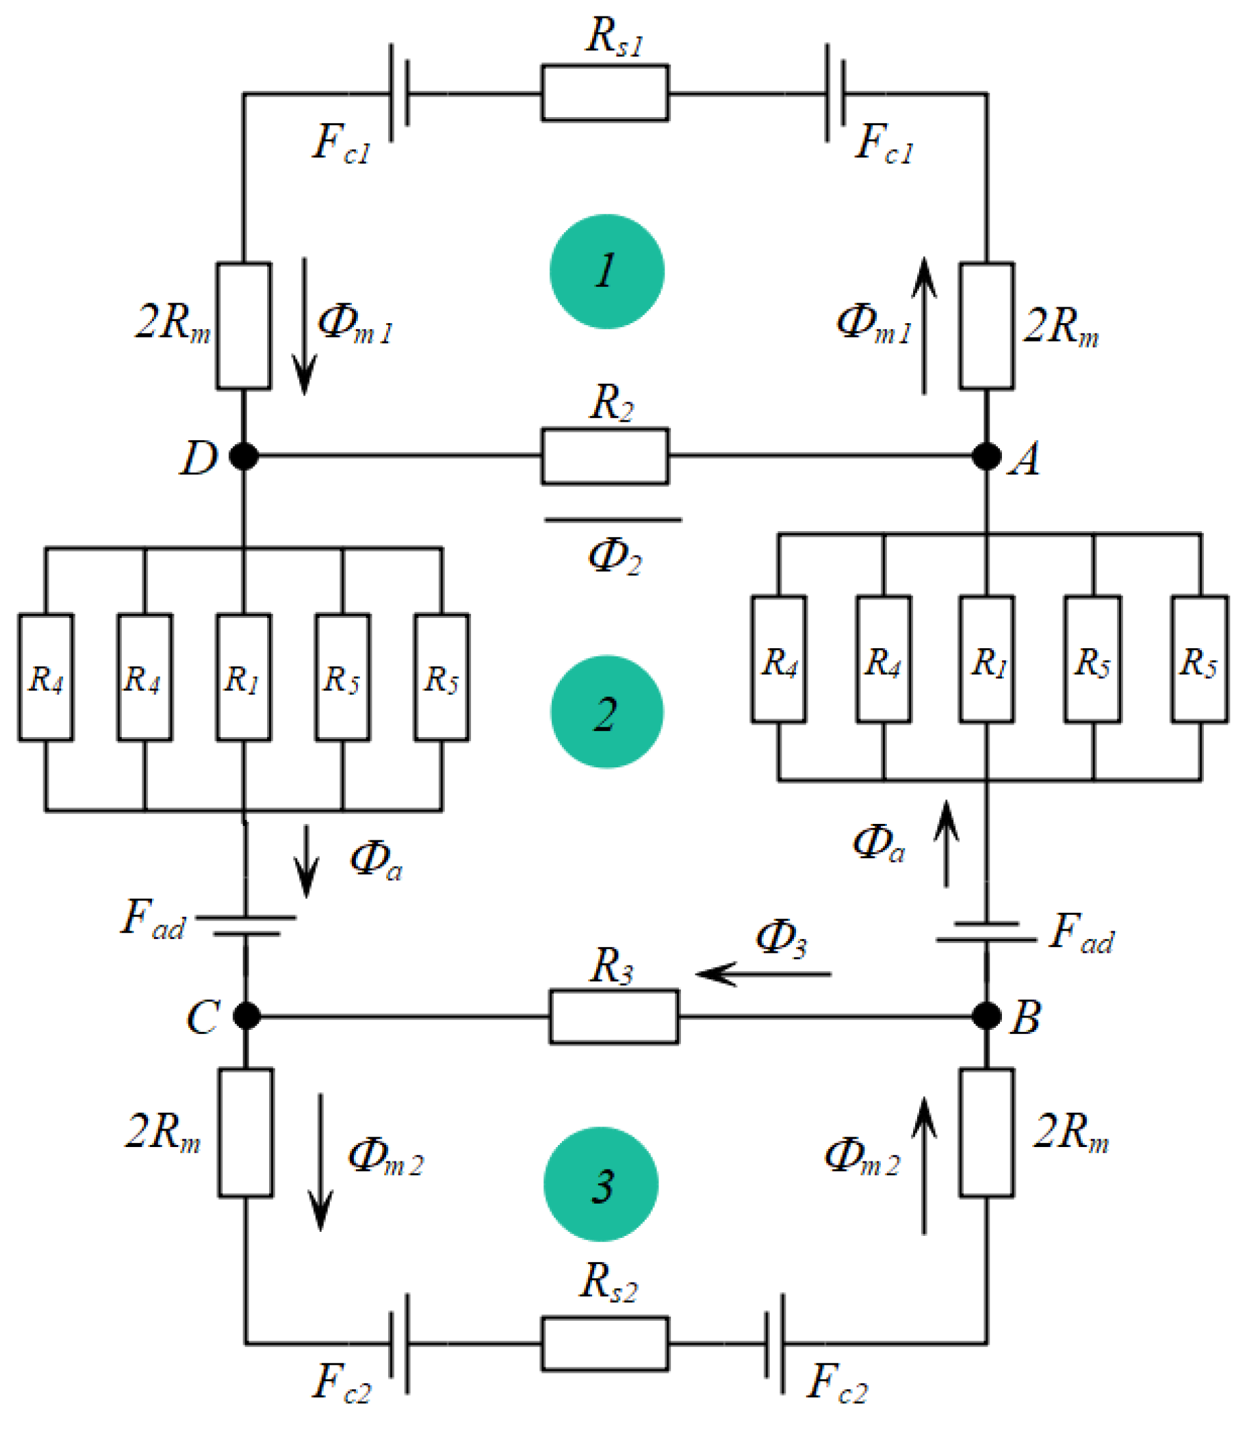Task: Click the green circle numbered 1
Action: [x=607, y=272]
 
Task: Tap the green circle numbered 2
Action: [x=607, y=712]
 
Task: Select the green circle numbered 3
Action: [x=601, y=1184]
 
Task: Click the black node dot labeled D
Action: [x=244, y=456]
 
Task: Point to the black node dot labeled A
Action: [x=986, y=456]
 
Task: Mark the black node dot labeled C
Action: [x=247, y=1015]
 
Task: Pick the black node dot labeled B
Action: [x=986, y=1015]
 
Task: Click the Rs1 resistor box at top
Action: [x=605, y=93]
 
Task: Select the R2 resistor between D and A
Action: [x=605, y=456]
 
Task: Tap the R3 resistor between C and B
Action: [x=614, y=1016]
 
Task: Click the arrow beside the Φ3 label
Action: [x=763, y=973]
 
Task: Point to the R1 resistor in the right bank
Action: [x=986, y=659]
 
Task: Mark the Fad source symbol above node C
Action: [x=246, y=926]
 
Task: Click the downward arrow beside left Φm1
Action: [x=305, y=326]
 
